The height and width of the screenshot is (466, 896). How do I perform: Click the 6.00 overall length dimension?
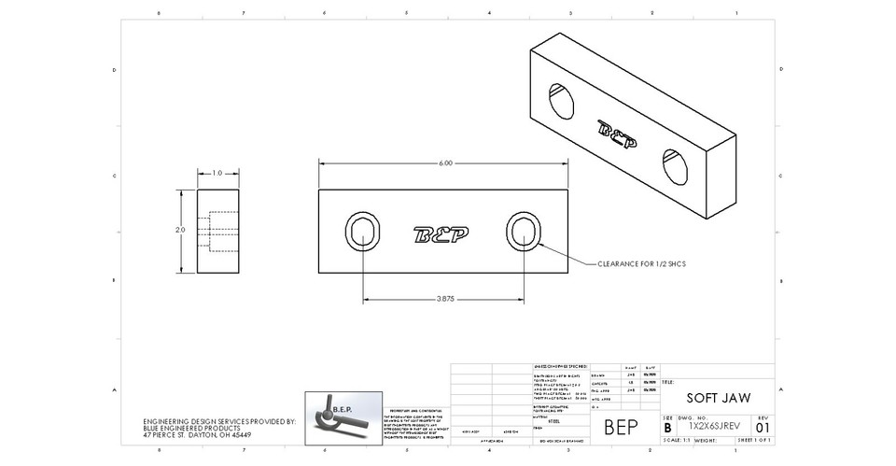(445, 163)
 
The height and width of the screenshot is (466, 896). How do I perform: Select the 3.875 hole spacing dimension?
(444, 299)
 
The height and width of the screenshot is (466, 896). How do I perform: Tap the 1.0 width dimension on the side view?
(217, 173)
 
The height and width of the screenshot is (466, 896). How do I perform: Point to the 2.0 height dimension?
(181, 230)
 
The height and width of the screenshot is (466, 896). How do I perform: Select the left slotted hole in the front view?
(363, 231)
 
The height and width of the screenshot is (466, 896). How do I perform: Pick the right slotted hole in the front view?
(525, 231)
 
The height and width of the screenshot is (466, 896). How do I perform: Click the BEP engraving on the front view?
(442, 233)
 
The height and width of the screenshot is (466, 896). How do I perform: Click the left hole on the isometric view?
(562, 100)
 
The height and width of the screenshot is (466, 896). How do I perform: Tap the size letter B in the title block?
(666, 426)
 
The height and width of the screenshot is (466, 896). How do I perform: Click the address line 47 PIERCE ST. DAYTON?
(197, 435)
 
